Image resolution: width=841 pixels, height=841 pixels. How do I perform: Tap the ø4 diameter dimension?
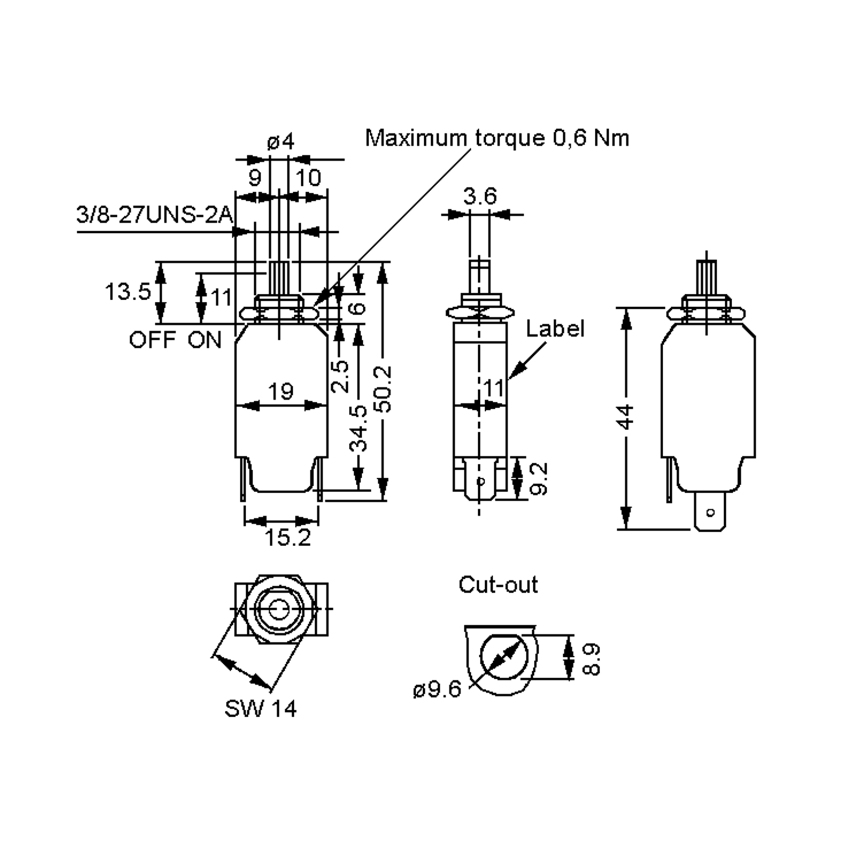[x=281, y=142]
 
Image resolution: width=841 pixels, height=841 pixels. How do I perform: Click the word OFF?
[x=152, y=340]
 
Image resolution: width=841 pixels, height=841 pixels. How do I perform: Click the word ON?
[x=205, y=340]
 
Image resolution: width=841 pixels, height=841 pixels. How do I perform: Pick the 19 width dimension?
[x=281, y=391]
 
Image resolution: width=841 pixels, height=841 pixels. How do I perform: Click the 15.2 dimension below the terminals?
[x=288, y=538]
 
